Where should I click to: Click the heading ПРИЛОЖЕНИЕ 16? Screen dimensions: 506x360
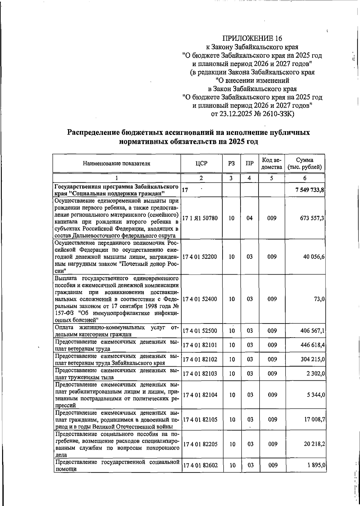252,38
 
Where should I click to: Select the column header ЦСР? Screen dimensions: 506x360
201,163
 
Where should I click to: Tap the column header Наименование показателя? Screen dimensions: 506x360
116,163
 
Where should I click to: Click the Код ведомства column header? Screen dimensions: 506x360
271,163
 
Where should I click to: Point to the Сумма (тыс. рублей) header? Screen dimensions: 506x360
305,163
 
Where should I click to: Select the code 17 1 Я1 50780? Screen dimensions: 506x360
200,218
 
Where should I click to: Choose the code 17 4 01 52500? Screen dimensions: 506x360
200,331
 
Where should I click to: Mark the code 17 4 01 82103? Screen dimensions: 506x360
200,374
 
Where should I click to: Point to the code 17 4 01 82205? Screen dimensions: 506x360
200,444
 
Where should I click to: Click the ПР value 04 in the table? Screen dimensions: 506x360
249,218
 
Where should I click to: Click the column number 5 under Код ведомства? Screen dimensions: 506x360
271,178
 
